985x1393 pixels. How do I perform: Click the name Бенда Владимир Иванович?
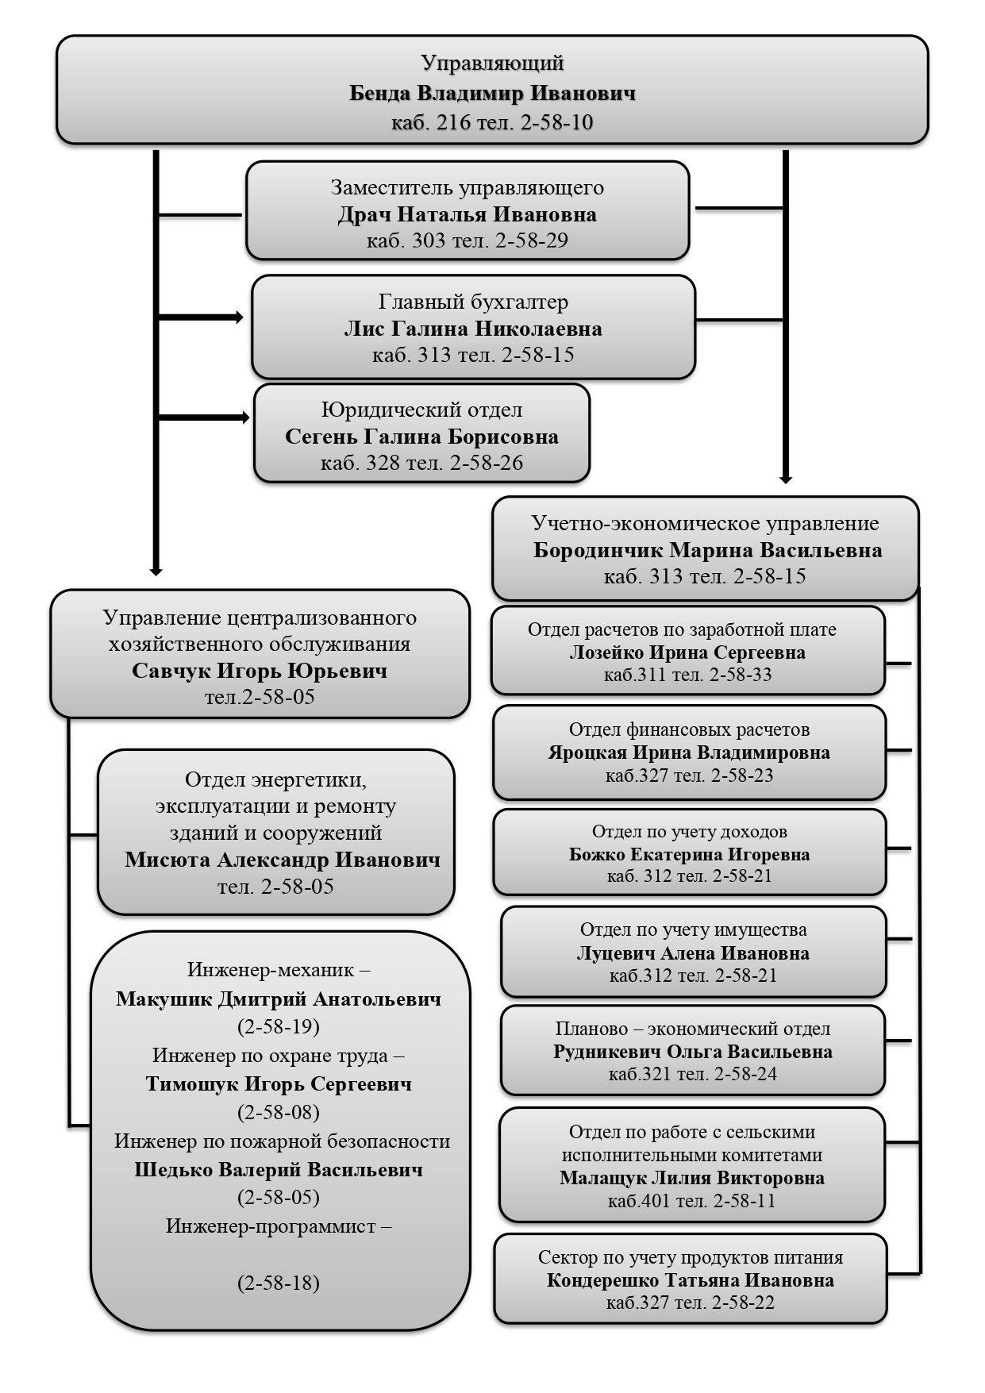[492, 94]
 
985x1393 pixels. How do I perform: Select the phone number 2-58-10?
[557, 123]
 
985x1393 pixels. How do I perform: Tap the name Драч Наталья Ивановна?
[467, 214]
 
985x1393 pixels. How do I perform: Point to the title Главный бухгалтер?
[473, 302]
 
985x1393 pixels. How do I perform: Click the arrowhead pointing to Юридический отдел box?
[245, 418]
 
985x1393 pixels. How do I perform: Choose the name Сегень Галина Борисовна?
[421, 437]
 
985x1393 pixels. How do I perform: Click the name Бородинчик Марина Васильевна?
[707, 550]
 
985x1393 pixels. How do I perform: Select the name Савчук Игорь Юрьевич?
[260, 671]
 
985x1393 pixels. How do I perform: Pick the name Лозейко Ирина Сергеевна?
[687, 652]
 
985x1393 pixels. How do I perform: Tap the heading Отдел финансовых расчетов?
[689, 729]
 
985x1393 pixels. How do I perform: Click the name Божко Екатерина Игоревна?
[689, 854]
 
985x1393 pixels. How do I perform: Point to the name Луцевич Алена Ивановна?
[693, 952]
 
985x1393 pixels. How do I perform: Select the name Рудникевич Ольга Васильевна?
[693, 1052]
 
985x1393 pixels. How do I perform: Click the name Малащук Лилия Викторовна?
[691, 1178]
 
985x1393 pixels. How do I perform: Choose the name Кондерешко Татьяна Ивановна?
[690, 1280]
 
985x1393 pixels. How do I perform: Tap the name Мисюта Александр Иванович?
[282, 860]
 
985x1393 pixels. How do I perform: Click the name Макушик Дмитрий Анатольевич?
[279, 999]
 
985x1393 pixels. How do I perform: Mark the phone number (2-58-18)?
[279, 1283]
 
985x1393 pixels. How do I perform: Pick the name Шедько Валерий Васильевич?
[279, 1169]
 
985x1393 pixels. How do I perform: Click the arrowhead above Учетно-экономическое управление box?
[786, 479]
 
